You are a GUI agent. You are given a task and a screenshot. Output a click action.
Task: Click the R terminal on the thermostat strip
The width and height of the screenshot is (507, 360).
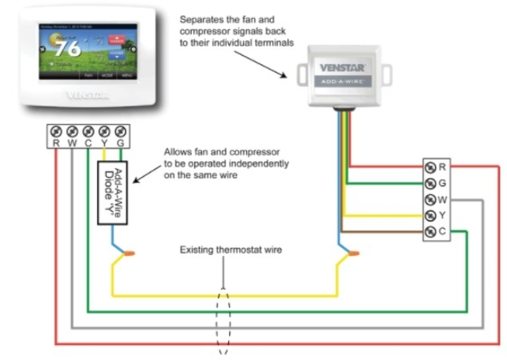point(56,132)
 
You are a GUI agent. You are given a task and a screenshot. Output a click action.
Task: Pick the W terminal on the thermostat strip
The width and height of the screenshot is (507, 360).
point(72,132)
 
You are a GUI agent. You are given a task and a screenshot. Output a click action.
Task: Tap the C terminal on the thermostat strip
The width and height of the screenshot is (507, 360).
point(88,132)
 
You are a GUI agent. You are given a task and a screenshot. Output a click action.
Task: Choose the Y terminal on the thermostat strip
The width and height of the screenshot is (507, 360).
point(104,132)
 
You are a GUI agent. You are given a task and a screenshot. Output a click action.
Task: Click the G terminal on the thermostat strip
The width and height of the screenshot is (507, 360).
point(120,132)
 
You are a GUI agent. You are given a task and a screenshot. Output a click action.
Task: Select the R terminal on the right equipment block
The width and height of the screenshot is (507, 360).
point(430,167)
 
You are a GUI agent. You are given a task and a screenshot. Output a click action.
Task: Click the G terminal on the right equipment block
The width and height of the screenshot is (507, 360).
point(430,183)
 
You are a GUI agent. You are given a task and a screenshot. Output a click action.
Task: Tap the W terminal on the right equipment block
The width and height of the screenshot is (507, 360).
point(430,199)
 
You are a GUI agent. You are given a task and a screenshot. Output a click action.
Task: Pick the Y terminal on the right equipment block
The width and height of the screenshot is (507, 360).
point(430,215)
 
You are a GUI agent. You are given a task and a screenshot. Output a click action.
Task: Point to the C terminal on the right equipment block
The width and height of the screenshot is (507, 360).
point(430,231)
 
